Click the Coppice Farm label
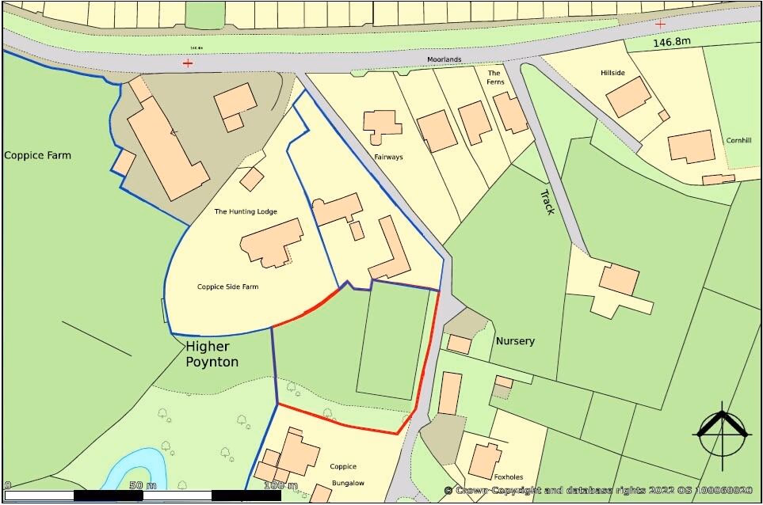pos(37,155)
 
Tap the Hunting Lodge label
pos(246,211)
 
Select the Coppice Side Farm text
pos(228,287)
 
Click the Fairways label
pos(388,157)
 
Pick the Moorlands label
pos(444,59)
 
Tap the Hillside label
pos(612,73)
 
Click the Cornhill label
pos(738,140)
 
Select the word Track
pos(547,202)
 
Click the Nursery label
pos(515,341)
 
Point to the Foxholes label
pos(509,477)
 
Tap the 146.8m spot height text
pos(673,43)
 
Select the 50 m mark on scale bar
pos(142,484)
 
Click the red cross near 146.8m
pos(660,25)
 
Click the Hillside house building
pos(629,97)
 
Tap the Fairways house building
pos(382,125)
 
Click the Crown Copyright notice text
pos(598,491)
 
